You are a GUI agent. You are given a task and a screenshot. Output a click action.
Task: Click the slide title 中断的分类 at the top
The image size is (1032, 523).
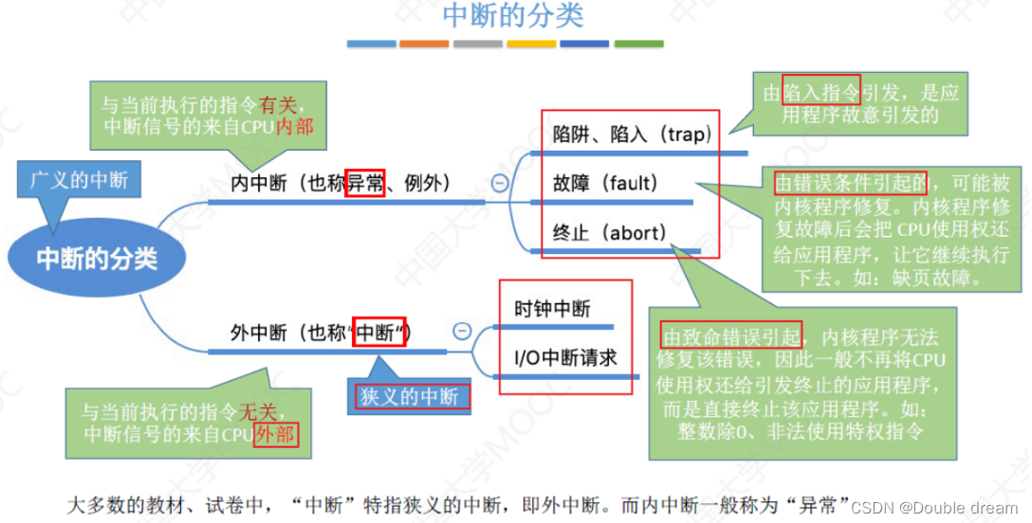point(513,16)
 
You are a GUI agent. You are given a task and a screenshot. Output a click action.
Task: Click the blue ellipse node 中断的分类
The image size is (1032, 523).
point(97,258)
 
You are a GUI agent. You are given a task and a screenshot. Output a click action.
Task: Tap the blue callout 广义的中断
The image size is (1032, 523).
point(79,179)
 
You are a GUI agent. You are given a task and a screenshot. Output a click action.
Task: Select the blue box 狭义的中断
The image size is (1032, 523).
point(409,396)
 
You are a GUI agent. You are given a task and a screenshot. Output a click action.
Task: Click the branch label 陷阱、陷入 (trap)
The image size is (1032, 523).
point(631,135)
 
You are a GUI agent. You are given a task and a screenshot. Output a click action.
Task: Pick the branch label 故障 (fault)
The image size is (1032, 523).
point(605,183)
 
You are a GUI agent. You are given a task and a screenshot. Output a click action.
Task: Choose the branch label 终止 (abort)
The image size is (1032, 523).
point(609,232)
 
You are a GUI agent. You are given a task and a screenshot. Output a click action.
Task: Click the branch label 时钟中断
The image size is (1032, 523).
point(552,309)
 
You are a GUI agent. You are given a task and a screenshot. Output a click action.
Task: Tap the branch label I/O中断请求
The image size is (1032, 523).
point(565,357)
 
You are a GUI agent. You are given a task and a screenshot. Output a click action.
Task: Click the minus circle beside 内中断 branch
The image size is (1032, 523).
point(500,184)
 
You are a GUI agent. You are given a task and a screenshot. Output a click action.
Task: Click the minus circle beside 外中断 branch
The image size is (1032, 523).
point(462,331)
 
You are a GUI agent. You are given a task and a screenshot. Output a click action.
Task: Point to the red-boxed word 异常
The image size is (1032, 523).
point(365,183)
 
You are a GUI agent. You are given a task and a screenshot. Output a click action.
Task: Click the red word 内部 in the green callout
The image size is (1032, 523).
point(294,126)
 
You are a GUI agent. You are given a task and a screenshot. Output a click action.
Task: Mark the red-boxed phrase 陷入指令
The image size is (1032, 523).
point(821,90)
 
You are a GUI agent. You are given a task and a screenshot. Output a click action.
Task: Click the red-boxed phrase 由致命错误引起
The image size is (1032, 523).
point(732,335)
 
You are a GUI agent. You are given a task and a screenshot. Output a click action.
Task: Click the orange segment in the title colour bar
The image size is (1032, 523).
point(424,44)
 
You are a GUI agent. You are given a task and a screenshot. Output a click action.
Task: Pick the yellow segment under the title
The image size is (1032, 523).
point(531,44)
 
